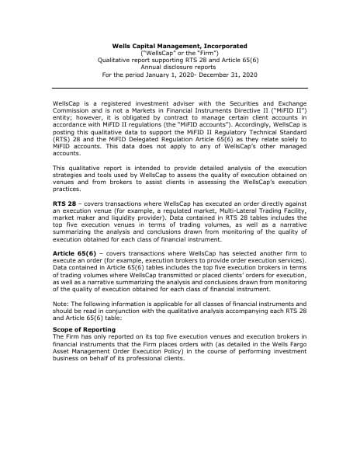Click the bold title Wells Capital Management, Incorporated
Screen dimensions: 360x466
179,47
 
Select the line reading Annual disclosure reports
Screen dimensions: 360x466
179,68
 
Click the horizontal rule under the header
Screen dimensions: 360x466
179,88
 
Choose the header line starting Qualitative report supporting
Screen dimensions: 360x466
179,61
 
